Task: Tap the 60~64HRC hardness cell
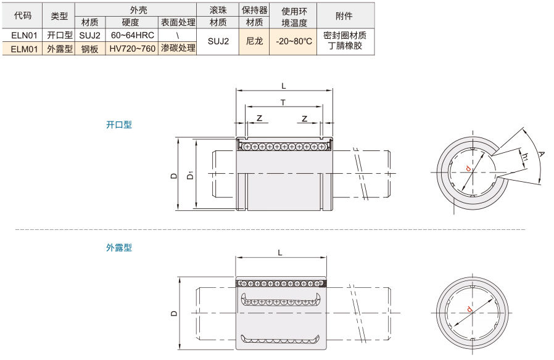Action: [133, 35]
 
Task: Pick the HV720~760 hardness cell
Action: [133, 49]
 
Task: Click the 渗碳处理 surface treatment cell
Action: [178, 48]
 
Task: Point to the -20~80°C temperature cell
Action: [294, 42]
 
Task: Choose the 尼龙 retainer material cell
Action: [254, 42]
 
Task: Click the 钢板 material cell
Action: [89, 49]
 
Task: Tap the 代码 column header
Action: [23, 15]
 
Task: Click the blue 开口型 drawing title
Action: [119, 125]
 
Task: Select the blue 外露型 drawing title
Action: [119, 248]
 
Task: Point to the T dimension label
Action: [283, 102]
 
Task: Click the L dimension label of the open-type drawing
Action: [284, 86]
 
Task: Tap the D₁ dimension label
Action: [191, 175]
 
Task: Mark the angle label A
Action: [541, 154]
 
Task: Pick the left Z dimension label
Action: [259, 118]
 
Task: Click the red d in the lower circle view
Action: [469, 309]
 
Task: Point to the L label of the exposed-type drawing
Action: [280, 253]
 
